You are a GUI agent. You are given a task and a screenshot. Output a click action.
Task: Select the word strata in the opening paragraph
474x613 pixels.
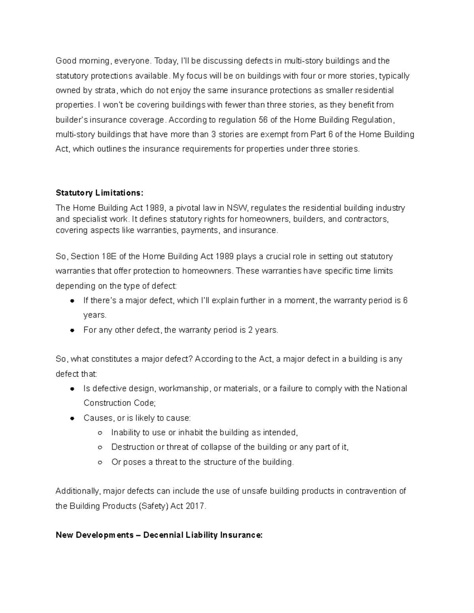click(x=105, y=90)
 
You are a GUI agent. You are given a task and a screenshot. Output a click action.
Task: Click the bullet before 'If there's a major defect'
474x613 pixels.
click(x=72, y=301)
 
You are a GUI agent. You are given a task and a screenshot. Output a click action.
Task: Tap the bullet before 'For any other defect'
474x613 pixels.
click(x=72, y=330)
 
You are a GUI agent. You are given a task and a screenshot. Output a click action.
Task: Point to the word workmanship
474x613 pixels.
click(x=184, y=389)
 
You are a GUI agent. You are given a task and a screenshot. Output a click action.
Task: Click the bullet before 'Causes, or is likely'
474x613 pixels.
click(x=72, y=418)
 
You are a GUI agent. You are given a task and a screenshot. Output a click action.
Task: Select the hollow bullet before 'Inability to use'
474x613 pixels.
click(x=100, y=433)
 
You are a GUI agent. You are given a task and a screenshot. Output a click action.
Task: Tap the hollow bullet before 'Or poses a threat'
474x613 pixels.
click(x=100, y=462)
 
